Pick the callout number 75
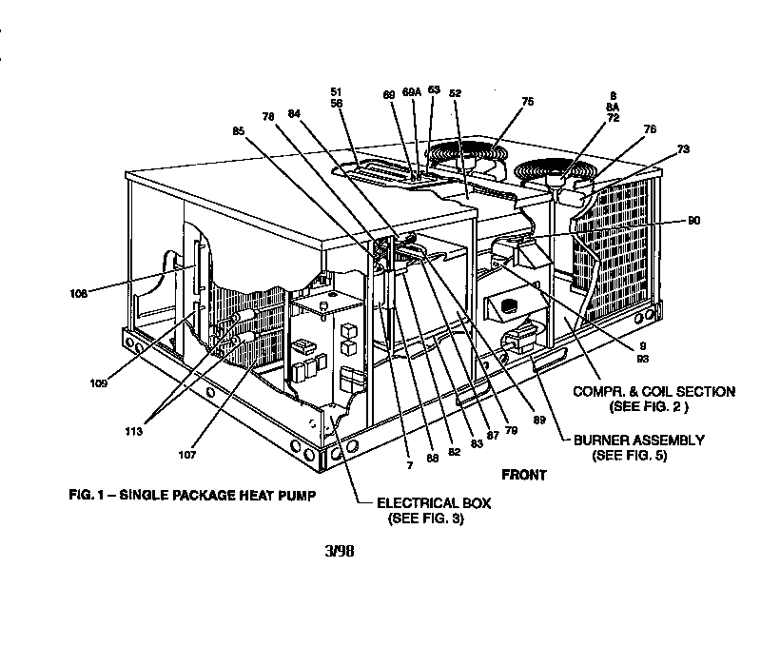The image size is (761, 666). point(528,102)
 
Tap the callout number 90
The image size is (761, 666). point(693,221)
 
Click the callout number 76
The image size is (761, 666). point(650,129)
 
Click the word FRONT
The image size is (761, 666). point(524,473)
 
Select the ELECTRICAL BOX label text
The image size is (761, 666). point(434,503)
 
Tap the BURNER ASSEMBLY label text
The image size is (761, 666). point(638,441)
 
